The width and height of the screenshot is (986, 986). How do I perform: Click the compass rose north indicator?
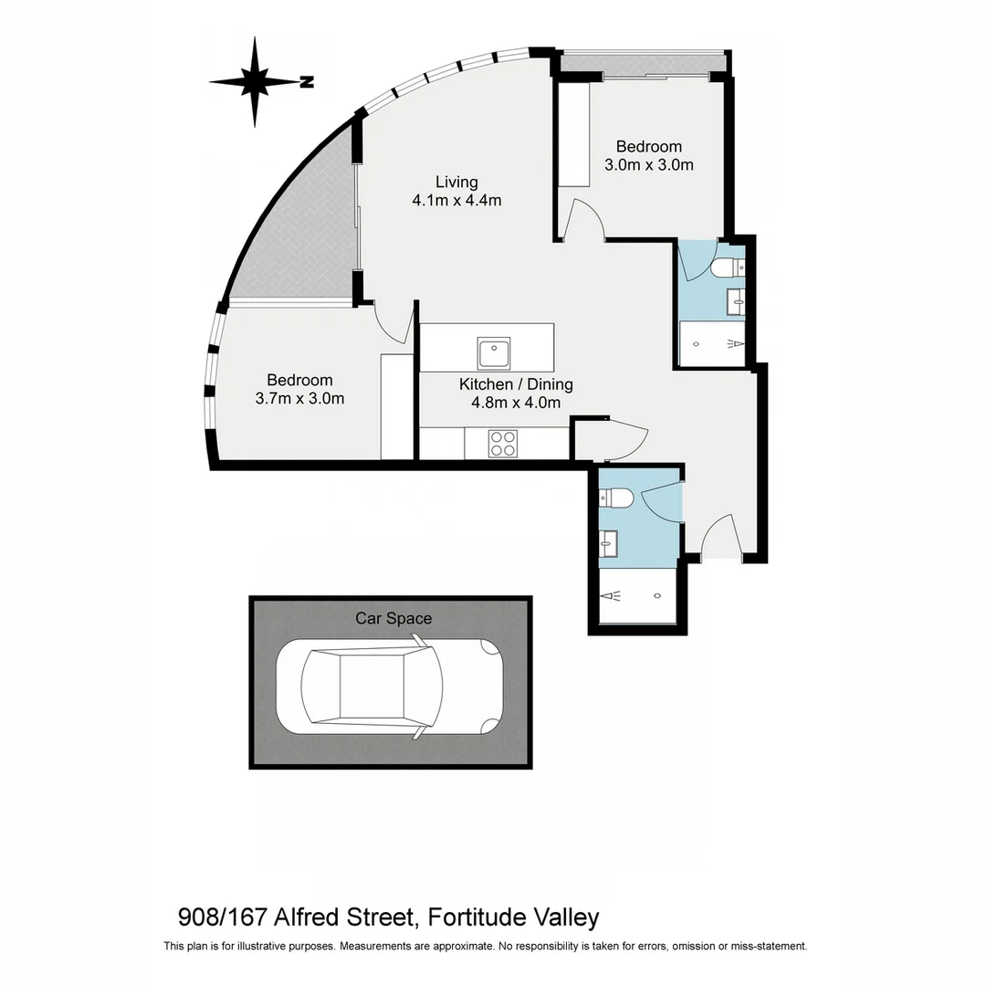pos(256,81)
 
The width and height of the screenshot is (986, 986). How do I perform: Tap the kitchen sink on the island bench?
pos(493,351)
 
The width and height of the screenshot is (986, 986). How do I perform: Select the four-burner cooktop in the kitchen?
pos(503,443)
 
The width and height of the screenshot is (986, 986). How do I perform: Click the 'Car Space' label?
pos(393,618)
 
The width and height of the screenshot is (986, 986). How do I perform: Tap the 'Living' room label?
pos(456,182)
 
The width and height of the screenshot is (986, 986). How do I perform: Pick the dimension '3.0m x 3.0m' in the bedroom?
pos(648,165)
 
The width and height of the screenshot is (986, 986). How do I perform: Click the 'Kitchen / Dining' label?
pos(516,384)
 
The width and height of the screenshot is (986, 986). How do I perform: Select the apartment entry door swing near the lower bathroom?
pos(718,536)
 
